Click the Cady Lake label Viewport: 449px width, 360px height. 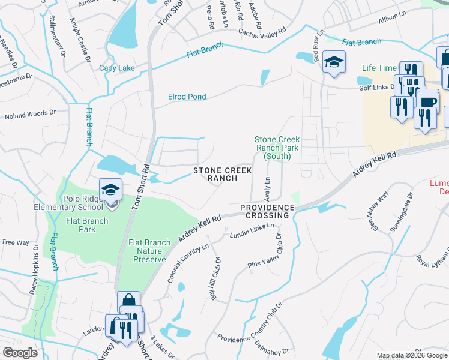pos(117,68)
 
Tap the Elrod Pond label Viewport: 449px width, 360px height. pos(187,97)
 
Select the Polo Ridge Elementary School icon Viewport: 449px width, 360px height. pos(111,191)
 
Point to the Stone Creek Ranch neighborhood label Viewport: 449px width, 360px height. pos(223,175)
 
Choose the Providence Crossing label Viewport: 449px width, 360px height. pos(268,211)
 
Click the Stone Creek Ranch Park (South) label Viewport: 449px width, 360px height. pos(277,148)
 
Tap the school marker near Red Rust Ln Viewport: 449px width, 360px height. pos(334,62)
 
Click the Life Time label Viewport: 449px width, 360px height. pos(379,68)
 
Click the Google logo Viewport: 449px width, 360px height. pos(20,353)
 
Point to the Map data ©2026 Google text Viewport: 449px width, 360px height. pos(411,355)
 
